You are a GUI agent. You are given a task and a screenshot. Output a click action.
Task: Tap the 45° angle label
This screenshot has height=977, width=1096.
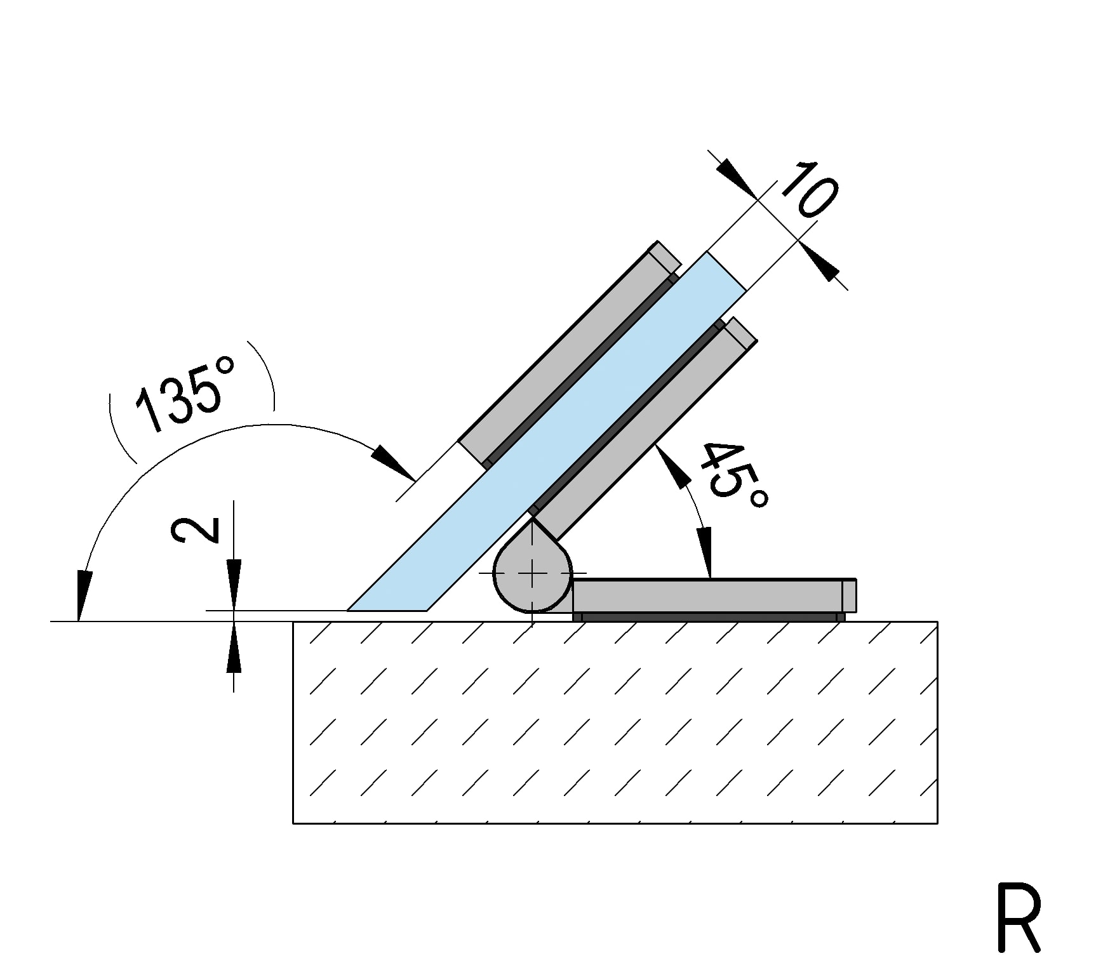tap(733, 476)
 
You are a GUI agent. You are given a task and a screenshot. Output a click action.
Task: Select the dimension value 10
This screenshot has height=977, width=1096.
tap(808, 190)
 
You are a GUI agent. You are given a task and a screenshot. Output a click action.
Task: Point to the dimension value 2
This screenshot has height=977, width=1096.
tap(195, 530)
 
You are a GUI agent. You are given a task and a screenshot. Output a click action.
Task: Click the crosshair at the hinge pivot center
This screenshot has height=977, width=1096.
tap(532, 573)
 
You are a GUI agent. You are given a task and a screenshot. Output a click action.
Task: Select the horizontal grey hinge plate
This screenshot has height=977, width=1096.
tap(711, 595)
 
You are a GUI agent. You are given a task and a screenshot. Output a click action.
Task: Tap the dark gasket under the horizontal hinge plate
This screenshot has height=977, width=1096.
tap(709, 617)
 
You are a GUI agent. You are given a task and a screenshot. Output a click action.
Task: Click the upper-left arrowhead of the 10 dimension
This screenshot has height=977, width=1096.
tap(737, 178)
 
